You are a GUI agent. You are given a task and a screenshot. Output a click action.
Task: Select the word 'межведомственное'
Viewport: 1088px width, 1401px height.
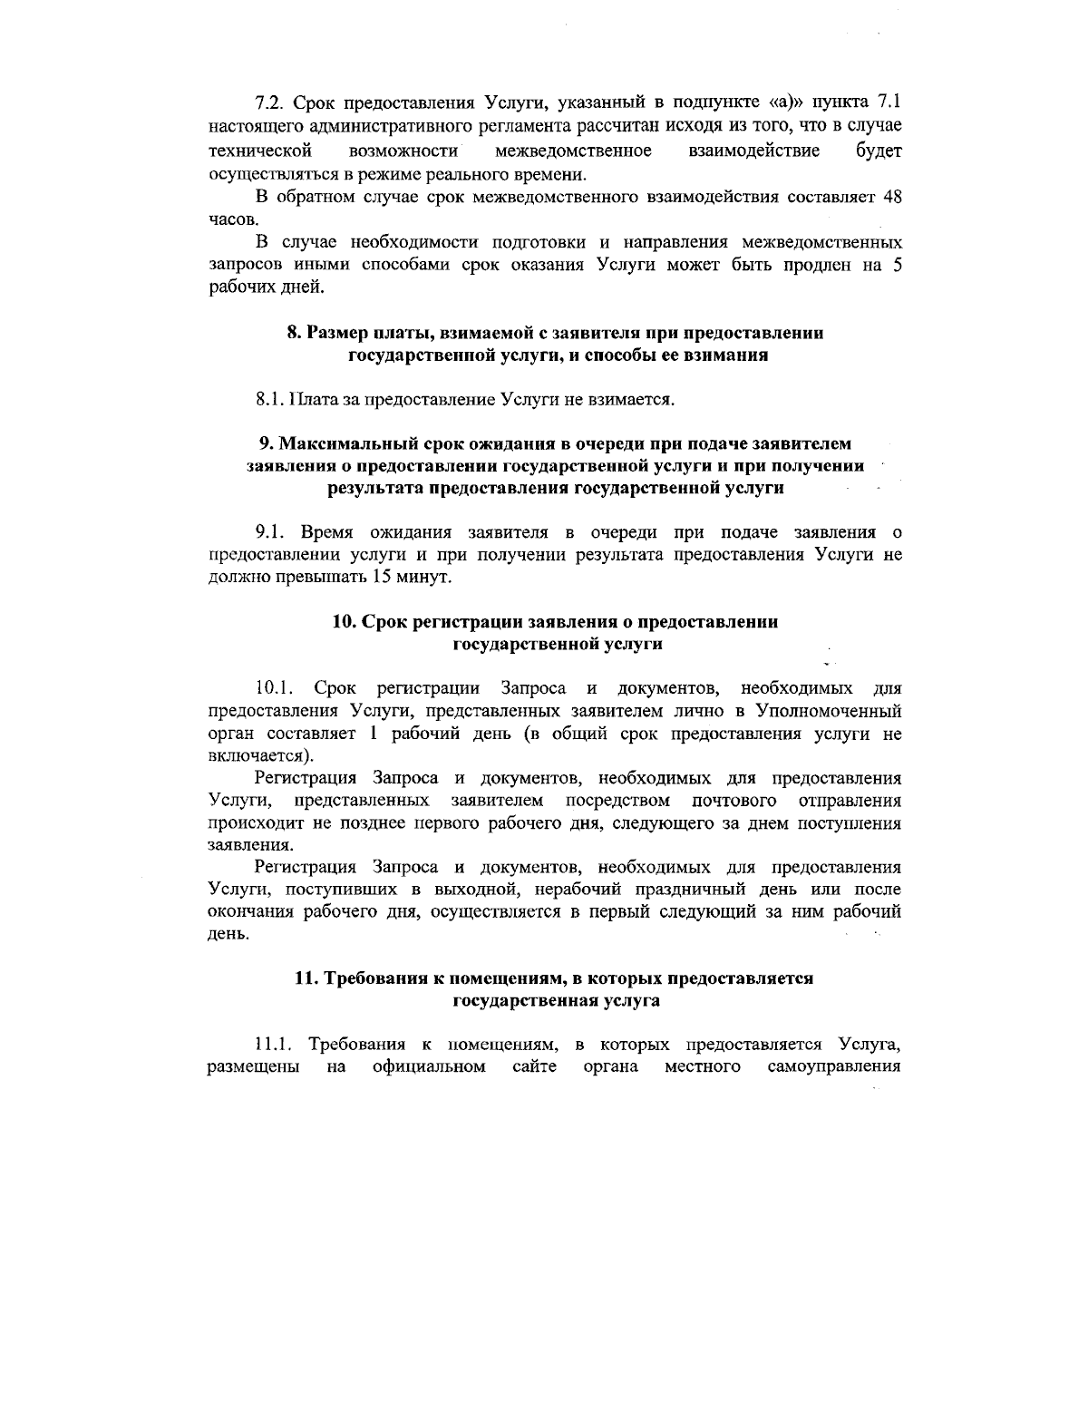coord(574,149)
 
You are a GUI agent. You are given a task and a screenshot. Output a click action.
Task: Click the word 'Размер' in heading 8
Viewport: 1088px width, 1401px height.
coord(335,333)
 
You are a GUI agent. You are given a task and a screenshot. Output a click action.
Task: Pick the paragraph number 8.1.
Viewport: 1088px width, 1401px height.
coord(271,399)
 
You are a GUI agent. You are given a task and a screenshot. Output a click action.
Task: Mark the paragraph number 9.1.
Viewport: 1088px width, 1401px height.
coord(271,532)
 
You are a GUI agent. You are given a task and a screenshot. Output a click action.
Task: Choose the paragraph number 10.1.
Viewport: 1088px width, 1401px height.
coord(274,689)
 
